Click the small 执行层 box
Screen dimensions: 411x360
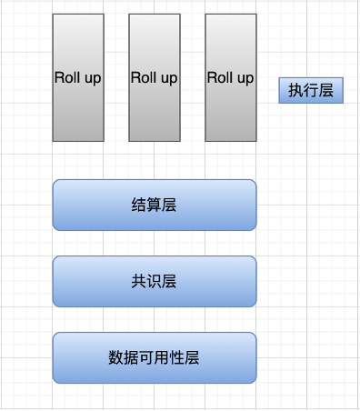[311, 90]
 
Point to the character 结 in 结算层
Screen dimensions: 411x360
[138, 205]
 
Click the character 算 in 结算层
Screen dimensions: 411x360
[154, 205]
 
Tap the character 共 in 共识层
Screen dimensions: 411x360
[138, 282]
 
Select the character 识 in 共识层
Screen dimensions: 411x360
[154, 282]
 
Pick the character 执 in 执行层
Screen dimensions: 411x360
[295, 90]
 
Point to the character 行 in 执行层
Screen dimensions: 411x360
[311, 90]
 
